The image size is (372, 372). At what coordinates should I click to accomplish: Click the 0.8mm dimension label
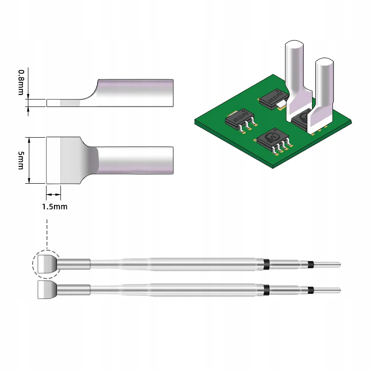click(x=21, y=82)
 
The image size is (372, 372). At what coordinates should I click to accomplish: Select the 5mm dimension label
click(x=21, y=160)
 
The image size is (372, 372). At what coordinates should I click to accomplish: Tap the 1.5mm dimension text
click(x=54, y=206)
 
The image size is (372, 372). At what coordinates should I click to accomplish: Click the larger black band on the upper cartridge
click(x=266, y=264)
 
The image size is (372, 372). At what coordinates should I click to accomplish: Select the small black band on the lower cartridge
click(x=310, y=290)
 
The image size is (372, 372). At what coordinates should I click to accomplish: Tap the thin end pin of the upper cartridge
click(x=328, y=265)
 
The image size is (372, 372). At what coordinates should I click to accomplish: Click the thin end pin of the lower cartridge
click(x=328, y=290)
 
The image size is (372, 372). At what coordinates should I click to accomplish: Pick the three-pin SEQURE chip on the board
click(x=239, y=120)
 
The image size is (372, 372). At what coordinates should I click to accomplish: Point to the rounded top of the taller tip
click(x=294, y=46)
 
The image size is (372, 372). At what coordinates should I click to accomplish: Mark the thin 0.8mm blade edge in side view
click(x=63, y=103)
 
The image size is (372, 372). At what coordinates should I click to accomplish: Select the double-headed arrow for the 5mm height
click(x=29, y=160)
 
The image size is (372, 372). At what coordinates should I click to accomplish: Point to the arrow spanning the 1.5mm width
click(x=53, y=194)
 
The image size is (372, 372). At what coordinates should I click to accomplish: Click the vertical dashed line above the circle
click(x=46, y=232)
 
